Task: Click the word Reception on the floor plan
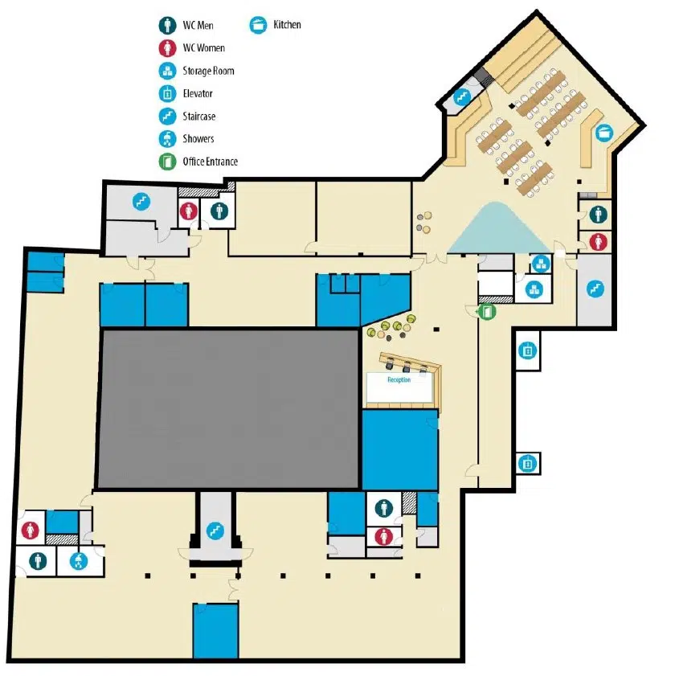399,380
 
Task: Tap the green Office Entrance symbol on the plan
487,311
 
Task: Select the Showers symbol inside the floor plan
79,561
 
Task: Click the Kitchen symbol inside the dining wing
604,133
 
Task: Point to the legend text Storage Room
208,71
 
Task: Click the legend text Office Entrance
211,162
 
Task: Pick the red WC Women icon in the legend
167,48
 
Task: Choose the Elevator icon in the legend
167,93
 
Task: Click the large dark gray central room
228,408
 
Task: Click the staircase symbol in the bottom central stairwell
215,531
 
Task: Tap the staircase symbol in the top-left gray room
141,201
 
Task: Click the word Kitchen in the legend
287,25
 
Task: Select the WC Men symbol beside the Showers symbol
38,561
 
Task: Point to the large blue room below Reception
400,449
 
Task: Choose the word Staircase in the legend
199,116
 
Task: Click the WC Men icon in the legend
167,25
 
